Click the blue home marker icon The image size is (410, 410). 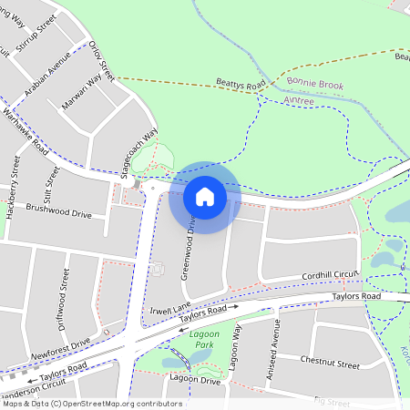click(x=204, y=197)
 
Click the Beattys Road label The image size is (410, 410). click(x=241, y=85)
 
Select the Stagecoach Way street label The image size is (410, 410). click(x=140, y=152)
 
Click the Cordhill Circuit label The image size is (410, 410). click(x=332, y=275)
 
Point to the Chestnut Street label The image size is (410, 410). click(x=330, y=362)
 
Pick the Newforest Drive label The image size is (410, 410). click(x=60, y=347)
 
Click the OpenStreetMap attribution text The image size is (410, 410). click(x=91, y=404)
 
